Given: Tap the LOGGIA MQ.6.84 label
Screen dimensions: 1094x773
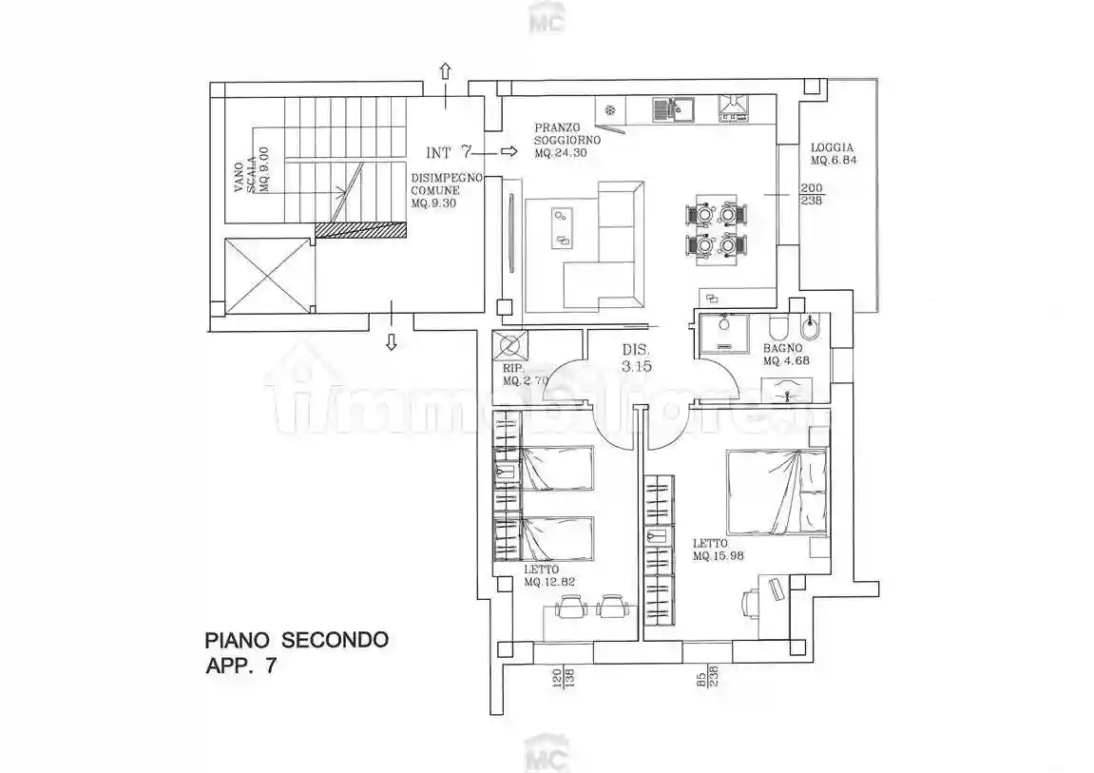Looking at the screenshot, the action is [833, 153].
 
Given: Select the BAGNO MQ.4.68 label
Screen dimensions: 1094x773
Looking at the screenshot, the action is [786, 355].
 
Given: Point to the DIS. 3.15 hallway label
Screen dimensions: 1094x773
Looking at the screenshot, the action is [637, 358].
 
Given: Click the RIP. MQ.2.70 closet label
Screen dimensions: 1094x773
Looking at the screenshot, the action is [526, 375].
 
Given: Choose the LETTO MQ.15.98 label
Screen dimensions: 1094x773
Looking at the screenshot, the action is [717, 550].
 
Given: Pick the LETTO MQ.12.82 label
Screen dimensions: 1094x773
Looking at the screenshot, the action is [549, 575].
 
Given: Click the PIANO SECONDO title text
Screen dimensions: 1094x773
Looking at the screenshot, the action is [297, 640].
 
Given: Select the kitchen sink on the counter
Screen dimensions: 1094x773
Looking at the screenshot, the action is [673, 109].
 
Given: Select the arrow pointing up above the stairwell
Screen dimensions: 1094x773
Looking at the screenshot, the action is [446, 70].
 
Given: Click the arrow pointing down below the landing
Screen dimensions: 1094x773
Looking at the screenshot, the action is [392, 341].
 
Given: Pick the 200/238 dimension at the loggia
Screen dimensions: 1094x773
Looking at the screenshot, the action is [812, 194].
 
